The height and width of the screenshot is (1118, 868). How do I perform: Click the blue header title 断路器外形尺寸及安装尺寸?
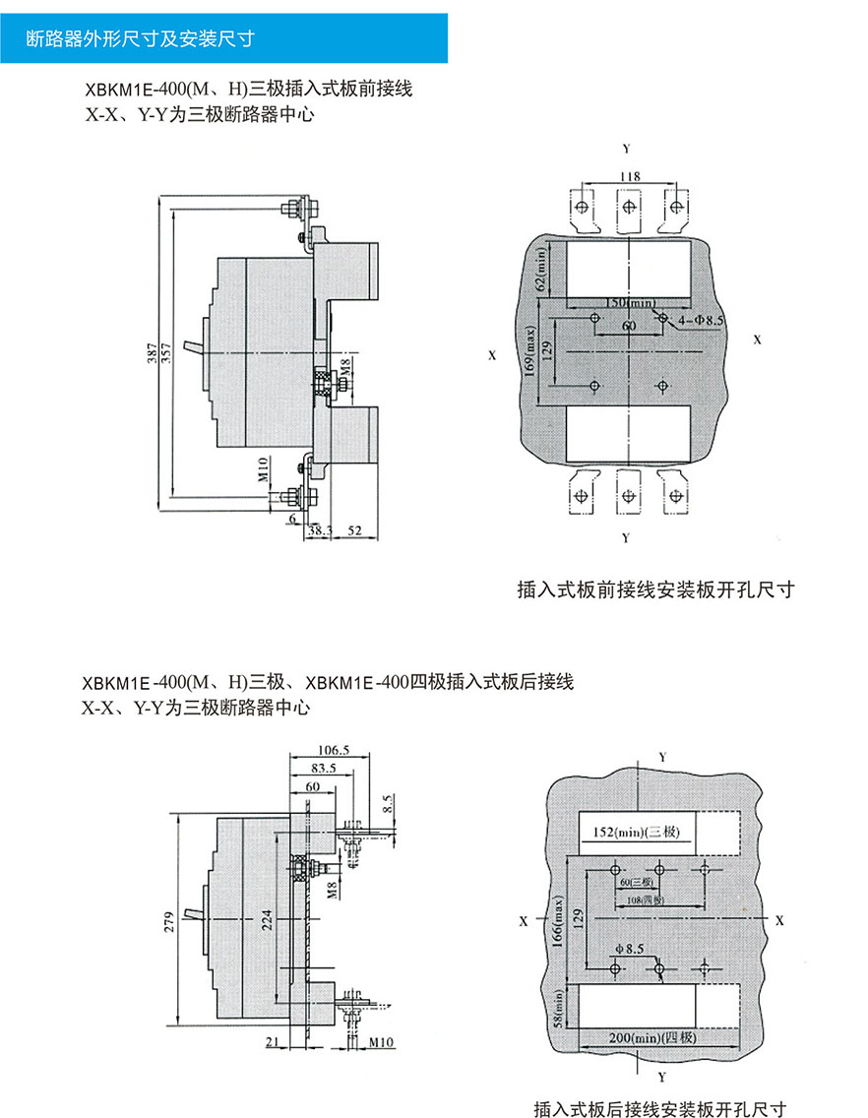coord(141,39)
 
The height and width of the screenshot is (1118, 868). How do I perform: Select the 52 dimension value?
coord(354,530)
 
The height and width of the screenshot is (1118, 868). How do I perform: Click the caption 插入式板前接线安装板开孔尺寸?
coord(654,590)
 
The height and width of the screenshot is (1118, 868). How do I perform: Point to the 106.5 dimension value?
coord(334,749)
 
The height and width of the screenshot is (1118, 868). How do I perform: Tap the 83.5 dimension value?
coord(323,767)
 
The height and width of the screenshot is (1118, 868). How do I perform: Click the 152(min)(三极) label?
coord(636,834)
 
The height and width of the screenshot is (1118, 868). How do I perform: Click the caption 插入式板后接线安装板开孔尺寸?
coord(660,1108)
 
